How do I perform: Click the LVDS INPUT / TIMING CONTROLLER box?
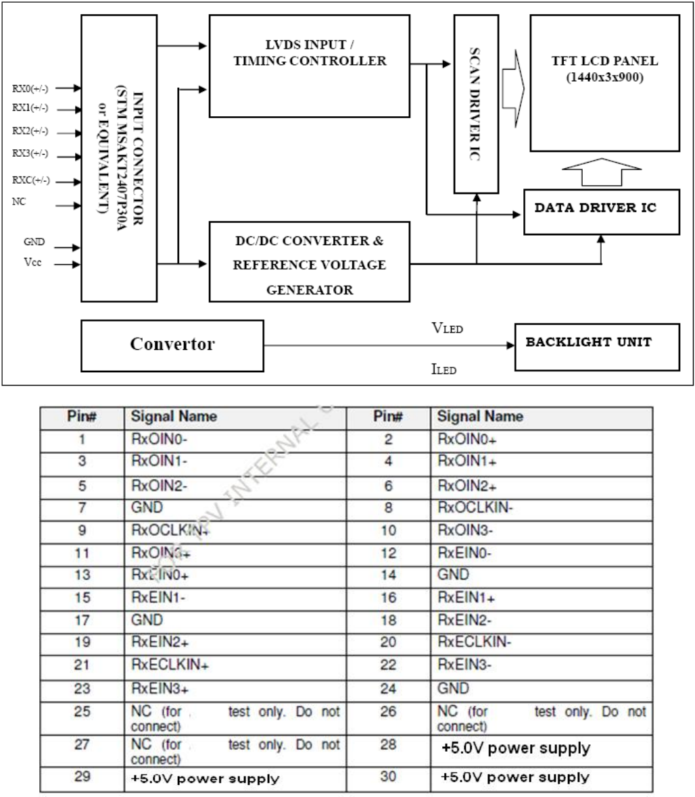(x=309, y=66)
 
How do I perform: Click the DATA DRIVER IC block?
(x=601, y=209)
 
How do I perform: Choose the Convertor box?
(x=172, y=344)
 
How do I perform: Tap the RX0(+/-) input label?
(x=30, y=88)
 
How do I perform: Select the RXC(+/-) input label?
(x=30, y=180)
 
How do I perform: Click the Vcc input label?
(x=32, y=263)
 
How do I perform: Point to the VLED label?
(x=447, y=329)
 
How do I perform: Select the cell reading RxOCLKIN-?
(x=542, y=508)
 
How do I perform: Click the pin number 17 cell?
(x=82, y=619)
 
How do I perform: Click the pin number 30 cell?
(x=387, y=777)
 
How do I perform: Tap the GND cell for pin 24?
(x=542, y=688)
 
